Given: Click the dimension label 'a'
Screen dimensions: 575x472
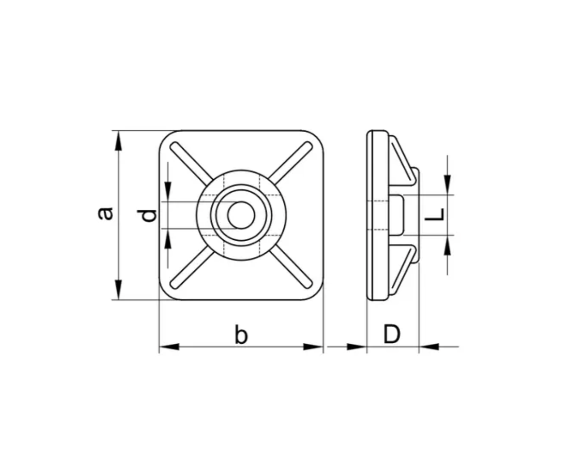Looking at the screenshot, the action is coord(105,214).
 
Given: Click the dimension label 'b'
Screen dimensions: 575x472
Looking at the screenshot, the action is coord(241,334).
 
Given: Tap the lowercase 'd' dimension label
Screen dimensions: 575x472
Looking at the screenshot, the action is coord(147,215).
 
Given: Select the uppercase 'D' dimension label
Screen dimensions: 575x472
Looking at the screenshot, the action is coord(392,334).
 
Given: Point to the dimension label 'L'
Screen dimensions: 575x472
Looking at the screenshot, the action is coord(435,214).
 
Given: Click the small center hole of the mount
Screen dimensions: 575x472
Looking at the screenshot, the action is coord(241,215).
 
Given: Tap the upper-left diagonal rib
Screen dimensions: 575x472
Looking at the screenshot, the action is coord(191,164).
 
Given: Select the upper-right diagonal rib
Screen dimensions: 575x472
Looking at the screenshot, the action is coord(291,163).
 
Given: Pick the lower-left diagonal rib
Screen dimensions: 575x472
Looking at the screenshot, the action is coord(192,267).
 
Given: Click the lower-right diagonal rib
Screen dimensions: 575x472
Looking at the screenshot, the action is coord(291,267).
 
